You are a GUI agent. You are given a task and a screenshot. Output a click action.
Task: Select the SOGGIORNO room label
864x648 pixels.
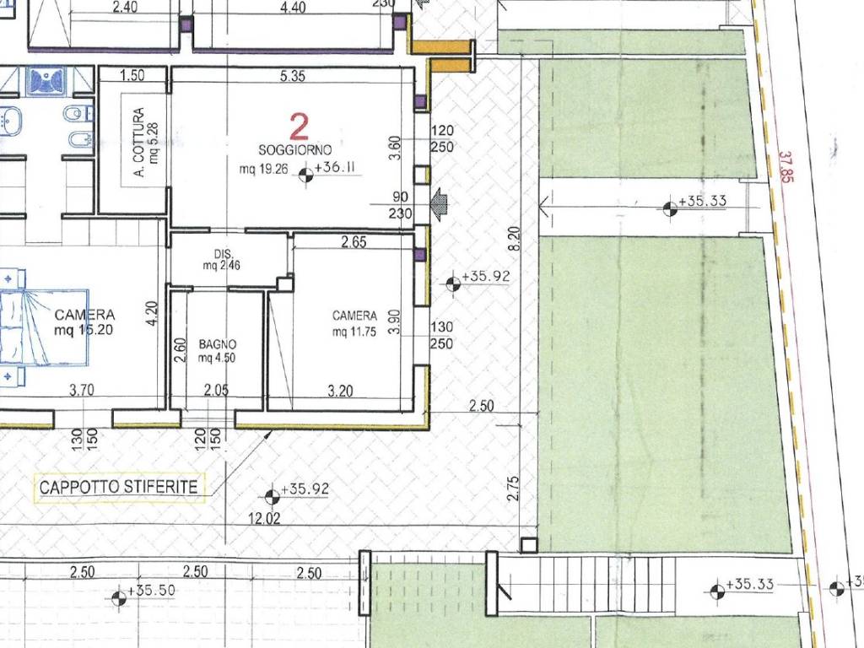tap(295, 150)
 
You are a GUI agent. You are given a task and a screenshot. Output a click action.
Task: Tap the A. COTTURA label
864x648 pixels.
tap(139, 142)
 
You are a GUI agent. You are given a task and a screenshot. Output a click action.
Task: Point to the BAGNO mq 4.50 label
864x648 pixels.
tap(217, 351)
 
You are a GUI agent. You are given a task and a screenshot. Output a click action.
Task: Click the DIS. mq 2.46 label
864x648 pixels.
tap(222, 260)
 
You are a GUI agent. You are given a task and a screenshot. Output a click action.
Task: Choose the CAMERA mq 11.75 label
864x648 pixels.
tap(354, 323)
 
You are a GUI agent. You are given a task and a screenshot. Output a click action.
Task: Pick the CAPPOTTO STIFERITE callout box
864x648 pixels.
tap(119, 487)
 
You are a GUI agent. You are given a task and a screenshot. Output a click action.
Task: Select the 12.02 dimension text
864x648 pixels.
tap(264, 518)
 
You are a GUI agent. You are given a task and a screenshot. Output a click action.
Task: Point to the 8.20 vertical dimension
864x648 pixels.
tap(514, 240)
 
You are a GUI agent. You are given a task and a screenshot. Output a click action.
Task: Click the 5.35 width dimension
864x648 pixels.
tap(292, 75)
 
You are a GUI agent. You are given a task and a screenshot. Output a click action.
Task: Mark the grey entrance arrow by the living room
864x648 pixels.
tap(440, 203)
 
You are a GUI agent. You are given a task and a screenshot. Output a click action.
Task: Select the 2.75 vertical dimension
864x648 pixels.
tap(512, 489)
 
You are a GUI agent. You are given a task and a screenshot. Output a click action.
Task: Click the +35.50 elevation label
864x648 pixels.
tap(151, 591)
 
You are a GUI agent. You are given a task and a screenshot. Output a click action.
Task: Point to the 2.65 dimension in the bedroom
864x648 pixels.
tap(354, 241)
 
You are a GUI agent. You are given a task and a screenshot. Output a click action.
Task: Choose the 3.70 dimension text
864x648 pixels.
tap(82, 390)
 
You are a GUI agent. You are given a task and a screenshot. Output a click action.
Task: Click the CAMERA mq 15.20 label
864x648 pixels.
tap(84, 322)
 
